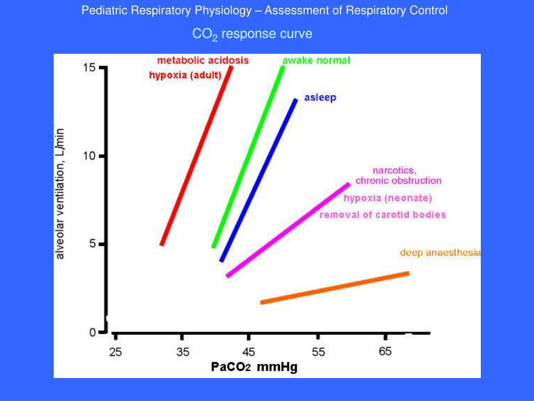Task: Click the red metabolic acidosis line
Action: click(196, 156)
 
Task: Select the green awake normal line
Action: click(248, 157)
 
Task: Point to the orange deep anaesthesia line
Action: click(334, 288)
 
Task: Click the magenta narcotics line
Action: click(288, 230)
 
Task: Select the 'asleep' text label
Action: click(320, 98)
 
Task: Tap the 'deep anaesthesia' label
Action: click(440, 253)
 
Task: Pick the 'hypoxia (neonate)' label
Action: click(387, 198)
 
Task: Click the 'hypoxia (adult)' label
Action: click(185, 75)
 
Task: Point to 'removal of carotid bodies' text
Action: click(382, 215)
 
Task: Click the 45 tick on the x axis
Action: click(249, 352)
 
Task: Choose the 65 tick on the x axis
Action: click(385, 352)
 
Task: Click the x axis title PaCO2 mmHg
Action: click(254, 367)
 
